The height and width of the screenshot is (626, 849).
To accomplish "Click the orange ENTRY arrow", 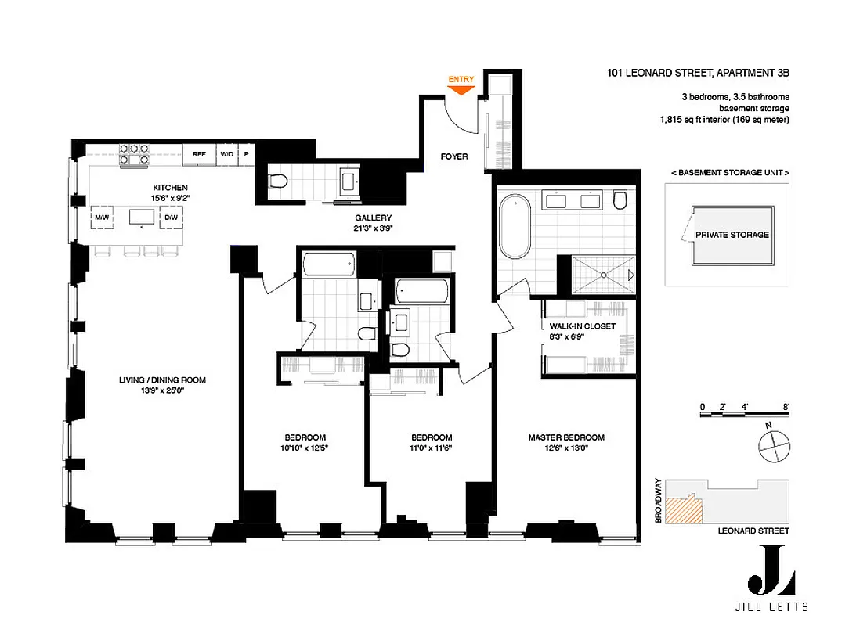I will pyautogui.click(x=462, y=89).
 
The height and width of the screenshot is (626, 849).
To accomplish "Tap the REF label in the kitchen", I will pyautogui.click(x=200, y=154).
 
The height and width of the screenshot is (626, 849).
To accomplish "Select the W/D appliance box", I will pyautogui.click(x=226, y=154).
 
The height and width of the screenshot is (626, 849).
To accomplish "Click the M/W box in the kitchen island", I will pyautogui.click(x=102, y=217).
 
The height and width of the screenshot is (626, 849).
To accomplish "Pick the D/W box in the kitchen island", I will pyautogui.click(x=171, y=217).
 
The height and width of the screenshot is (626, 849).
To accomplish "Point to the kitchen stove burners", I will pyautogui.click(x=135, y=153).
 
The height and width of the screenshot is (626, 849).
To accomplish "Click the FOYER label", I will pyautogui.click(x=454, y=156).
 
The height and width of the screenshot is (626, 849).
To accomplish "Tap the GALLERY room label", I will pyautogui.click(x=373, y=218).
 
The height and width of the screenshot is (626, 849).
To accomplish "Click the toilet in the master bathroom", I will pyautogui.click(x=620, y=200).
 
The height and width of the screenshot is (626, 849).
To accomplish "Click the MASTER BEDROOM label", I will pyautogui.click(x=565, y=437).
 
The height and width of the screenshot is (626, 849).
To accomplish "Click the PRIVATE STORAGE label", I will pyautogui.click(x=732, y=234).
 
